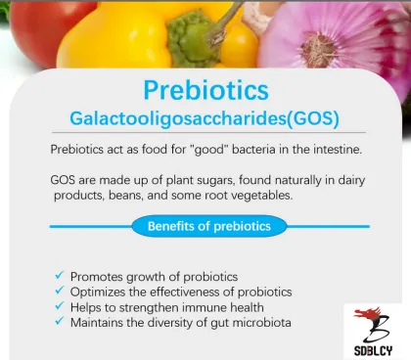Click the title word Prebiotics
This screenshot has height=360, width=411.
(x=205, y=90)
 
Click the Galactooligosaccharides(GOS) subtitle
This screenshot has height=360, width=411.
(x=205, y=118)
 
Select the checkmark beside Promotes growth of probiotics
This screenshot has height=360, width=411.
(x=60, y=276)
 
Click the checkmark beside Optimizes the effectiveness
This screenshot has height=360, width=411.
(x=60, y=292)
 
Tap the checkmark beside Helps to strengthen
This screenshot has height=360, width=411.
(x=60, y=306)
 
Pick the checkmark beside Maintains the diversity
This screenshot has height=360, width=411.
(x=60, y=322)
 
